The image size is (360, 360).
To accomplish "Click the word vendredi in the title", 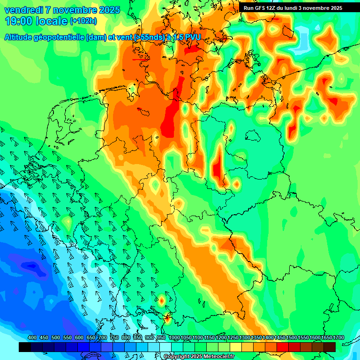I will click(26, 10).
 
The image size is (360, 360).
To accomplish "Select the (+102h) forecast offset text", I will click(83, 21).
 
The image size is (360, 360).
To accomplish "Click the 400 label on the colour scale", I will click(32, 337).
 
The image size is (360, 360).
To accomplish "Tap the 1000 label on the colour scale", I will click(174, 337).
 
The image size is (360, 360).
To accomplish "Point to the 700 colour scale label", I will click(103, 337).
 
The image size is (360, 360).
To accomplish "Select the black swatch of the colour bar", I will click(25, 347).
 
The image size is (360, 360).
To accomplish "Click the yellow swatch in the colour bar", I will click(236, 347).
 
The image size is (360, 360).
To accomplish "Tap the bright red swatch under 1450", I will click(283, 347).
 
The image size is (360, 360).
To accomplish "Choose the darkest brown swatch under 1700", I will click(330, 347).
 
